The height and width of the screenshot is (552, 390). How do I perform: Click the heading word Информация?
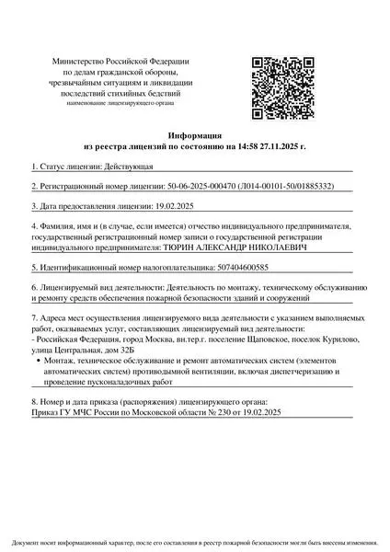(x=195, y=134)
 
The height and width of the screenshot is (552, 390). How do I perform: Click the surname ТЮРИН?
(x=180, y=247)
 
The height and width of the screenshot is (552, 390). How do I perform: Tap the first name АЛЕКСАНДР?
(x=227, y=247)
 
